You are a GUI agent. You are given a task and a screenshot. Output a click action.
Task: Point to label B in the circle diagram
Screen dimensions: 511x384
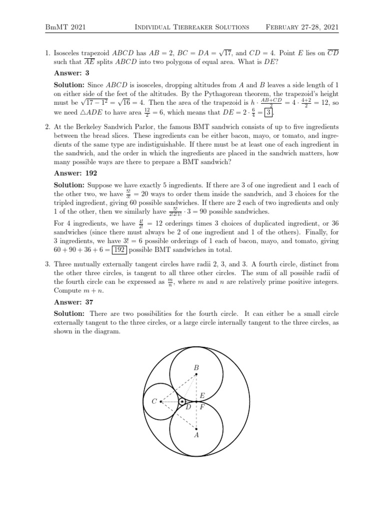[x=196, y=368]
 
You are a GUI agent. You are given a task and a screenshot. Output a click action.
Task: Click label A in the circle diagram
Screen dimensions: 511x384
[x=196, y=435]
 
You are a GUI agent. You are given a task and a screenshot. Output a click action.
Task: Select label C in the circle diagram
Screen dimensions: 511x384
[x=154, y=401]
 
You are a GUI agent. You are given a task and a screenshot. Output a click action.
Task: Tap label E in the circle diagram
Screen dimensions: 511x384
[x=202, y=396]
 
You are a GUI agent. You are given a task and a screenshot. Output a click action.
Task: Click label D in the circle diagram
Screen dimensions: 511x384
[x=188, y=407]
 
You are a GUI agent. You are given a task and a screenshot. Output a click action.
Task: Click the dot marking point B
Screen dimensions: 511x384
[x=196, y=374]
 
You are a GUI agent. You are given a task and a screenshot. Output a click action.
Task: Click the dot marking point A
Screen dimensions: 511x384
[x=196, y=428]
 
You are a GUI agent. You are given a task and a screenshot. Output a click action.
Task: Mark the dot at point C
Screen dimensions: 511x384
[x=160, y=401]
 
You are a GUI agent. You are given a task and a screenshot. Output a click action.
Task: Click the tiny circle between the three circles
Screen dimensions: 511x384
[x=182, y=401]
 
